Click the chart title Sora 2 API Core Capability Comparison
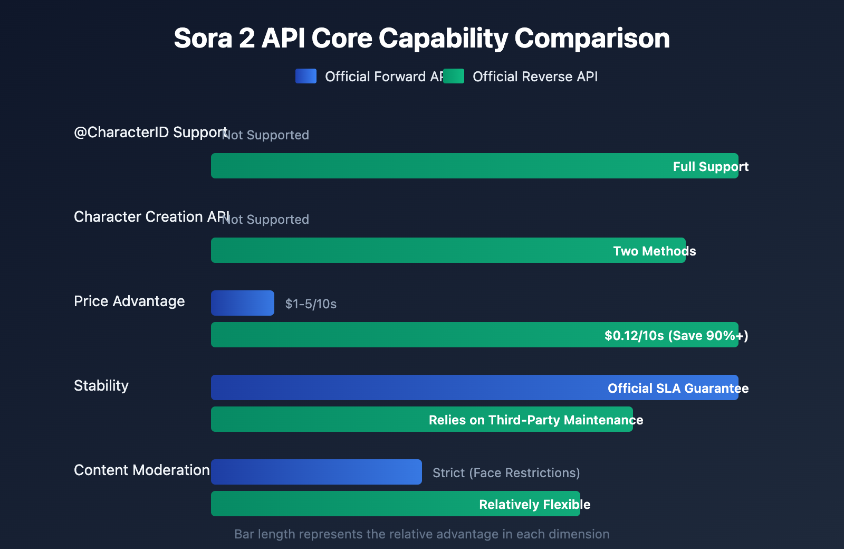tap(421, 39)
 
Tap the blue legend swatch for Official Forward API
tap(306, 76)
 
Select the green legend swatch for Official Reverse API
tap(454, 76)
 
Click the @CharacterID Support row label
tap(150, 132)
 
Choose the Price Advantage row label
tap(129, 301)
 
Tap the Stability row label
tap(101, 385)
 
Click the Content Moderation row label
tap(141, 470)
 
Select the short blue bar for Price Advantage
tap(243, 303)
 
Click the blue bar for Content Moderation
tap(316, 472)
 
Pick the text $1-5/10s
tap(311, 304)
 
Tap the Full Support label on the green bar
tap(711, 167)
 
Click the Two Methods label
tap(654, 251)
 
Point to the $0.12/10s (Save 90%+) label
tap(676, 336)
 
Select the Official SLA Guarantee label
tap(678, 389)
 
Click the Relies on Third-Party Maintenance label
tap(535, 420)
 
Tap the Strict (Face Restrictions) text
tap(506, 473)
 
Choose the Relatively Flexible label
tap(534, 505)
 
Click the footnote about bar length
tap(421, 534)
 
